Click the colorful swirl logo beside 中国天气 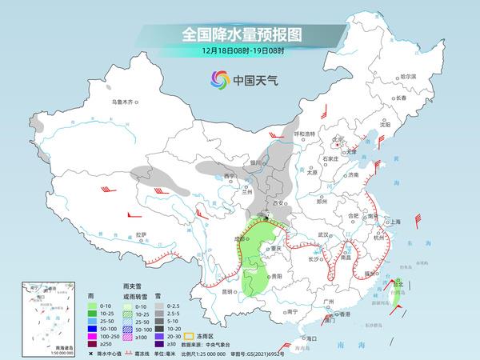click(x=218, y=79)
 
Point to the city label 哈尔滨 click(x=409, y=76)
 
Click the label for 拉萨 click(x=141, y=234)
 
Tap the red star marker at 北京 click(x=339, y=145)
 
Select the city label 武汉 click(x=323, y=234)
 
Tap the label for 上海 click(x=393, y=222)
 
